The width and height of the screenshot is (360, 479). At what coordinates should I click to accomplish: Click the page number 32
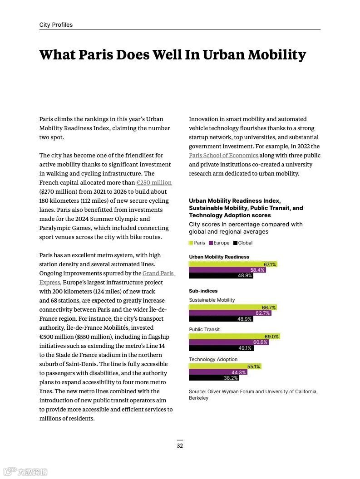click(x=180, y=446)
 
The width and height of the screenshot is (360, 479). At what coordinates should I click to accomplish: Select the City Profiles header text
click(x=56, y=25)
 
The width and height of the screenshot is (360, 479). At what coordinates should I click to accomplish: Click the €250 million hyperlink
click(x=154, y=183)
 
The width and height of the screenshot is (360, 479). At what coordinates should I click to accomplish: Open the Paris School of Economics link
click(x=223, y=156)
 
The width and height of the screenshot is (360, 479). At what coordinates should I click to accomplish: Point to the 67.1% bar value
click(x=270, y=264)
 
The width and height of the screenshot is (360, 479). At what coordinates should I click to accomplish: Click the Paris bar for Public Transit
click(x=234, y=337)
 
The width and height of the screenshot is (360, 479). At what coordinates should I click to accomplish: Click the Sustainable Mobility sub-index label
click(x=212, y=300)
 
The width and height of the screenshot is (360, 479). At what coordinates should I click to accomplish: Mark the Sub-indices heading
click(x=203, y=291)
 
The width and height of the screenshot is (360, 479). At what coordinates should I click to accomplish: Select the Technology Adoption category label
click(x=213, y=359)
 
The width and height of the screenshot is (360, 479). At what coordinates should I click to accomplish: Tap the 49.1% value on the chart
click(x=245, y=348)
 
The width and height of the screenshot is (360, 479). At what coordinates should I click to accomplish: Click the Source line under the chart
click(x=253, y=395)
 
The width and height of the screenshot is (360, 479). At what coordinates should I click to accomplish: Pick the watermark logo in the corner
click(x=25, y=472)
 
